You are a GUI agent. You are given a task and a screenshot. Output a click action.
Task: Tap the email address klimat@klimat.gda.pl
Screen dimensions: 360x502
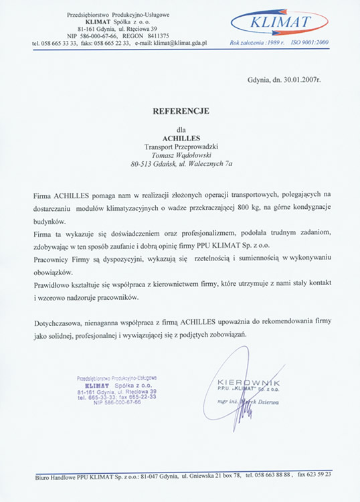(x=179, y=42)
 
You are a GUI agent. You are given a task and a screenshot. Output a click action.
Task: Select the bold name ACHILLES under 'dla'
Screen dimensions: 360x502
(x=179, y=139)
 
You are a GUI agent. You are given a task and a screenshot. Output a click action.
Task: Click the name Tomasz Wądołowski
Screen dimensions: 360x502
(x=179, y=154)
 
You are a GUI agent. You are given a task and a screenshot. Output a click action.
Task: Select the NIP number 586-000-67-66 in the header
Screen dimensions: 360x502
(x=108, y=35)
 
